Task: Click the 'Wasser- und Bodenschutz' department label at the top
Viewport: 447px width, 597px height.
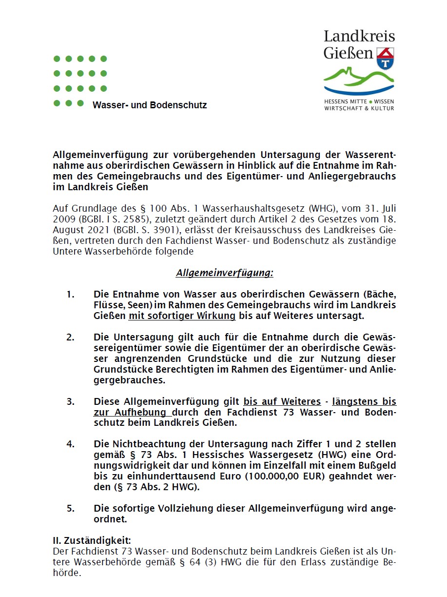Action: (150, 105)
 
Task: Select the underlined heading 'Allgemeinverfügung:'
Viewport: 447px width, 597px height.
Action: (224, 273)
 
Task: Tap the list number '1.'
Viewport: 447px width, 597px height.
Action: (71, 295)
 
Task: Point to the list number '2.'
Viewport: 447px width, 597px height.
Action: (71, 338)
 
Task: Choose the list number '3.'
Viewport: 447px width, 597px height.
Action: (71, 402)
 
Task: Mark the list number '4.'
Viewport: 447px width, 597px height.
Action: (71, 444)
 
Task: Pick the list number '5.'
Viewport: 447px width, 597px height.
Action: (71, 509)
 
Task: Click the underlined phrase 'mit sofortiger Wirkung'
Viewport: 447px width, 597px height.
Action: (182, 316)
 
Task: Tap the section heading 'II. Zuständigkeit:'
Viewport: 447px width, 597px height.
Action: (92, 540)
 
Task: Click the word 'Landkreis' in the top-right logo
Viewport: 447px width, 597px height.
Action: (359, 36)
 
